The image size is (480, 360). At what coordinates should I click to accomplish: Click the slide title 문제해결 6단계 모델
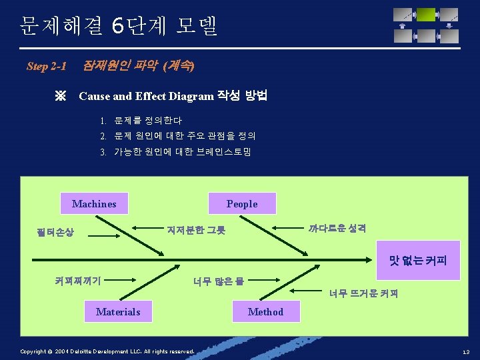click(x=119, y=26)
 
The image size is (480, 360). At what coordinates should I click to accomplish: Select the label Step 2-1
click(x=47, y=66)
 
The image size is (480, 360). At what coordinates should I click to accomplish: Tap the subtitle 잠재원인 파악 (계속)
click(x=138, y=66)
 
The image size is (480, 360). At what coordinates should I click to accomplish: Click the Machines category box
click(x=94, y=204)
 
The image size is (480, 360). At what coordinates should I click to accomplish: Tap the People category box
click(x=241, y=204)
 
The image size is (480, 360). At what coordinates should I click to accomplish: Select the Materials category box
click(x=118, y=311)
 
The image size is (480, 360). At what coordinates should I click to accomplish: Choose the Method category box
click(x=265, y=311)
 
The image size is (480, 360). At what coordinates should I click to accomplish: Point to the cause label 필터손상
click(x=56, y=233)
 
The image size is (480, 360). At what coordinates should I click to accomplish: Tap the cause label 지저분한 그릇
click(x=196, y=230)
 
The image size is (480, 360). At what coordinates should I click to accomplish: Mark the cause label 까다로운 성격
click(x=337, y=227)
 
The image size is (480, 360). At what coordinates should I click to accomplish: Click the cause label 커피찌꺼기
click(x=78, y=281)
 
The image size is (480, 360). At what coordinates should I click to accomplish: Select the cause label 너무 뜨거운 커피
click(x=363, y=293)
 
